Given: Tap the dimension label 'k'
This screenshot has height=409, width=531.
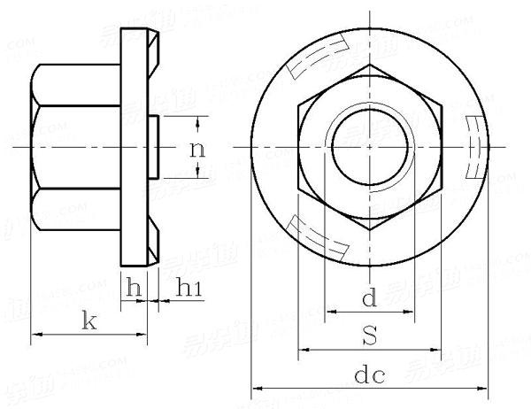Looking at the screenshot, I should tap(88, 320).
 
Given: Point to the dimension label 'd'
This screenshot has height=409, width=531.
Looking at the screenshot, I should tap(369, 298).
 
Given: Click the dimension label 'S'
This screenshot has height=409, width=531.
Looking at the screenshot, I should tap(369, 336).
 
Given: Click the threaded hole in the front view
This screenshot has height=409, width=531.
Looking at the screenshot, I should tap(369, 146).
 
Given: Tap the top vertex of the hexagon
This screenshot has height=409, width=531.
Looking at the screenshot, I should tap(369, 65).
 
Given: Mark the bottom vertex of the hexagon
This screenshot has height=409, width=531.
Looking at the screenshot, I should tap(369, 228).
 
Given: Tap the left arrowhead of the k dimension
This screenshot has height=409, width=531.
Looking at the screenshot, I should tap(36, 335).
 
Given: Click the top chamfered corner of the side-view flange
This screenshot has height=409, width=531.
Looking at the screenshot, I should tap(152, 41).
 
